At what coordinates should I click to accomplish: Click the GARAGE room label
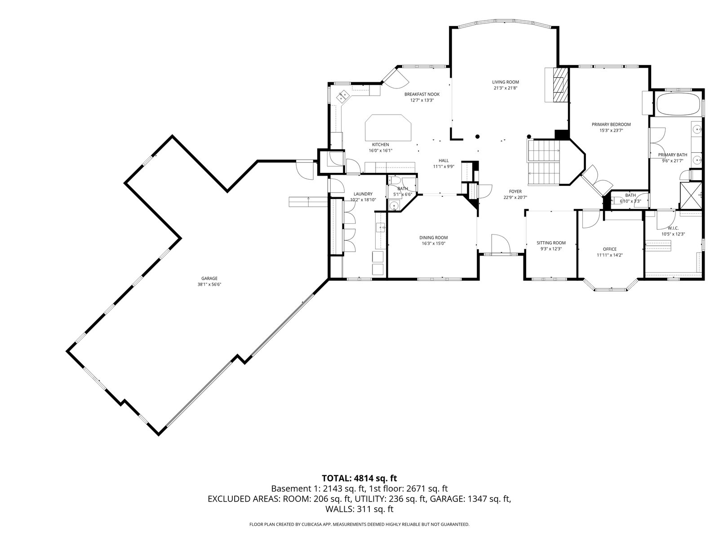(209, 278)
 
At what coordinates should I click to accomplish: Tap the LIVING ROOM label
(506, 82)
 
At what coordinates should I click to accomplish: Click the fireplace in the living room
(560, 85)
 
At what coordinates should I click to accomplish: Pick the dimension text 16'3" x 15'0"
(433, 243)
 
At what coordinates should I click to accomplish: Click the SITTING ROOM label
(551, 243)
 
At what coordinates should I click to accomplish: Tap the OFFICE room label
(610, 249)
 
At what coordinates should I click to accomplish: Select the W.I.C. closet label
(673, 228)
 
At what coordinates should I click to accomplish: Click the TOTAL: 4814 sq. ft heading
(359, 478)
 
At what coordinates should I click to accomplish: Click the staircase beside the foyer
(544, 162)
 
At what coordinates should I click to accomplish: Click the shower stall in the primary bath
(691, 196)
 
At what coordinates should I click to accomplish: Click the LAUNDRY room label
(363, 194)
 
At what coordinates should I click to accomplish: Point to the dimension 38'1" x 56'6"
(209, 285)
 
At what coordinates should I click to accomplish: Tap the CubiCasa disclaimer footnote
(359, 525)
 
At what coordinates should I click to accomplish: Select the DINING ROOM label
(433, 238)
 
